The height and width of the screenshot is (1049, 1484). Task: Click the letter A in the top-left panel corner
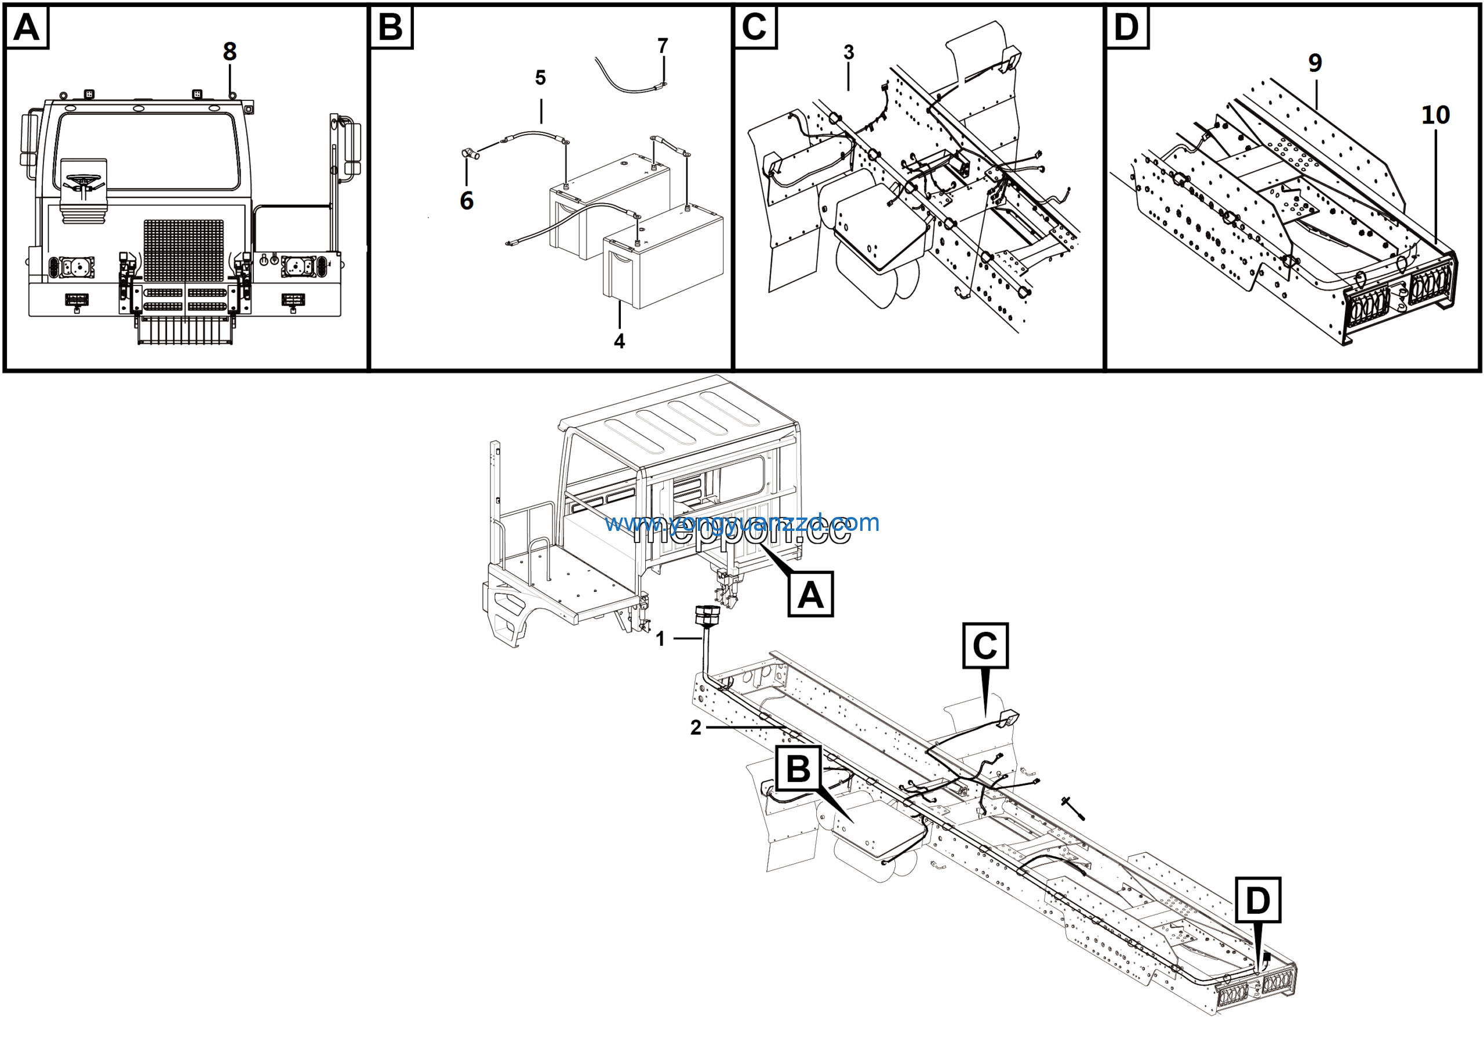(27, 27)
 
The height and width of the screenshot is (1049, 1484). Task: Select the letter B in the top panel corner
(390, 27)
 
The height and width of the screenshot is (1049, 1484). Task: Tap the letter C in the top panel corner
(754, 27)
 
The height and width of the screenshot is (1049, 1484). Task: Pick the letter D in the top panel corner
(1126, 27)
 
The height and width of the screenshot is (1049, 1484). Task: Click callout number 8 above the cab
(230, 52)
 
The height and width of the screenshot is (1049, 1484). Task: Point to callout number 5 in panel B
(540, 78)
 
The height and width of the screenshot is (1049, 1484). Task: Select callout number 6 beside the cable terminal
(466, 201)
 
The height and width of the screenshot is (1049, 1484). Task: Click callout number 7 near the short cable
(663, 46)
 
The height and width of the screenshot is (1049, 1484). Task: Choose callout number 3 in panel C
(849, 52)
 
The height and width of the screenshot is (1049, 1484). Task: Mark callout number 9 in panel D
(1315, 63)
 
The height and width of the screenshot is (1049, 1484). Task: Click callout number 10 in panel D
(1435, 115)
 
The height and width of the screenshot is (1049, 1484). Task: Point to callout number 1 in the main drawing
(660, 639)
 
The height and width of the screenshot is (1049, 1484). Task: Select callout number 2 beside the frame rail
(696, 728)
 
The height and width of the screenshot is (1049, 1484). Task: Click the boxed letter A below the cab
(810, 594)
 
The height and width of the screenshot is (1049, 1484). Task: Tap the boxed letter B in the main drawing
(798, 768)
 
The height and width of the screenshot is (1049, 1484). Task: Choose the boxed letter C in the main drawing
(984, 645)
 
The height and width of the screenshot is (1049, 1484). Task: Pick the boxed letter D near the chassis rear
(1257, 900)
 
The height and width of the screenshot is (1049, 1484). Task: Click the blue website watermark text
(742, 523)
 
